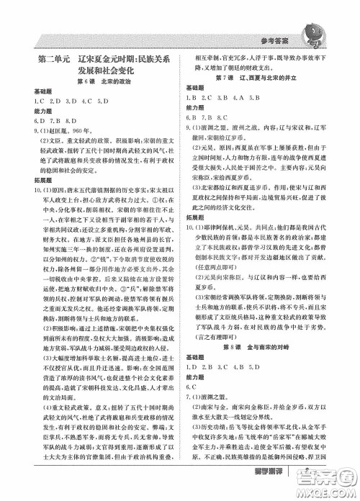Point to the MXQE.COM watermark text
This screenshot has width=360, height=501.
[332, 487]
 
